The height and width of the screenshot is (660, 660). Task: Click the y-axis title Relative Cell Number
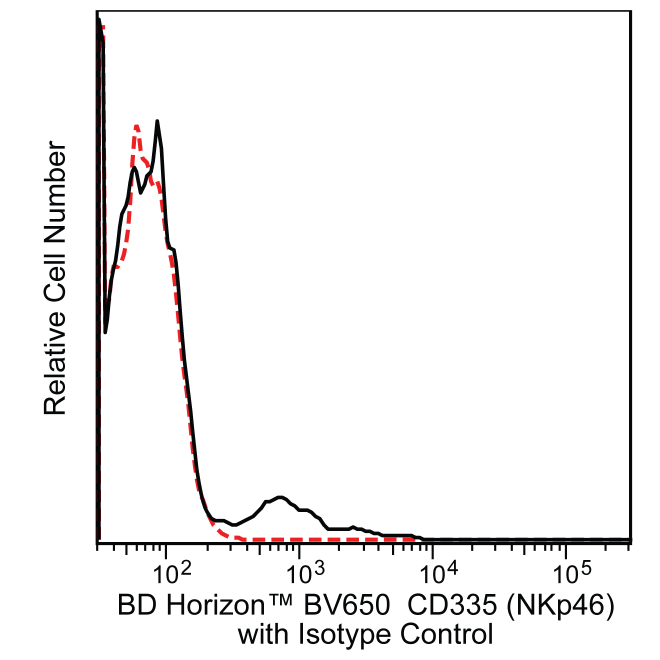click(55, 278)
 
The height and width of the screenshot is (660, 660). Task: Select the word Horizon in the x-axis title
click(215, 605)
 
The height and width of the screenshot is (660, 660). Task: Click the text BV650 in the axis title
click(346, 605)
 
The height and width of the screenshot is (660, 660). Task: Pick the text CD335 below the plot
click(451, 605)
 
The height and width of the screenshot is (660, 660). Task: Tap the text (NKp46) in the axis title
click(560, 605)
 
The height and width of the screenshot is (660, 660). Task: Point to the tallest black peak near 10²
click(157, 121)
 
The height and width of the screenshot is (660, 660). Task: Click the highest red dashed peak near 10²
click(136, 126)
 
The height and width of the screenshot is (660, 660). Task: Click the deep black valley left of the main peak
click(105, 331)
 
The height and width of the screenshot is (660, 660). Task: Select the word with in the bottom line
click(262, 634)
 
